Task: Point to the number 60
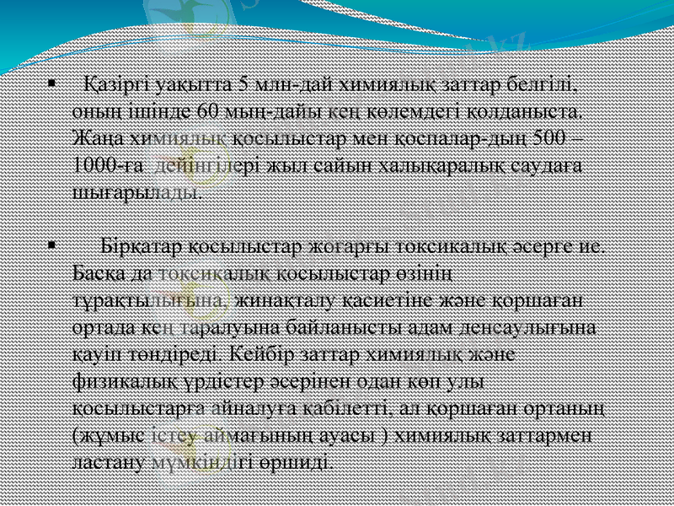tap(207, 111)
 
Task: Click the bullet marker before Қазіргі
tap(52, 84)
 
